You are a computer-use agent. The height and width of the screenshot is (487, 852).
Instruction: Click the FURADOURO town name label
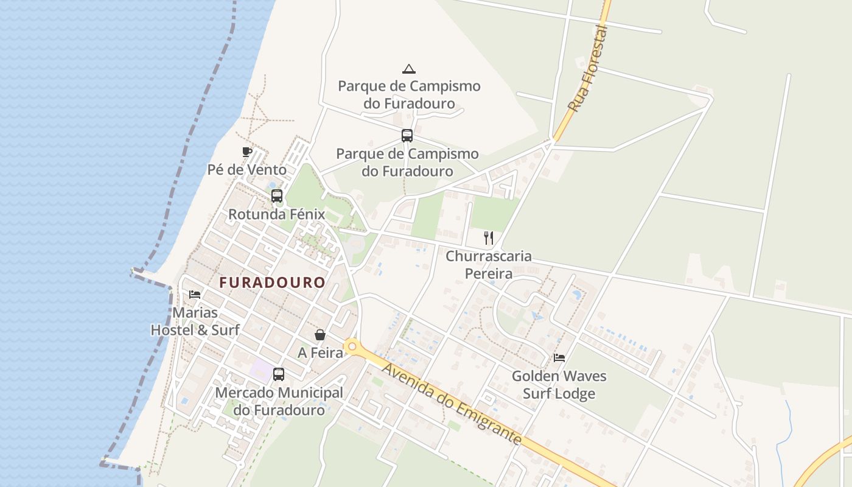[272, 283]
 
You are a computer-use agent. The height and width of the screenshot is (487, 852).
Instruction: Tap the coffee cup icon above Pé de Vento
[246, 152]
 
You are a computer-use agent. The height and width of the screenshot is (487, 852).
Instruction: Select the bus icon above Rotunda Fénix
[277, 196]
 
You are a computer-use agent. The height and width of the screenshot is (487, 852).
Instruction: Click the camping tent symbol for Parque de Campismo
[409, 69]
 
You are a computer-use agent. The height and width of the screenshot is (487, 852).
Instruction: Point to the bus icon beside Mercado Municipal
[279, 374]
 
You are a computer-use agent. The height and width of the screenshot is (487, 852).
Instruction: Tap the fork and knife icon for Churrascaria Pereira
[488, 237]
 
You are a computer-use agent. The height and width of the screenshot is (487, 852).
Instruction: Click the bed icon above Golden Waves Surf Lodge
[559, 358]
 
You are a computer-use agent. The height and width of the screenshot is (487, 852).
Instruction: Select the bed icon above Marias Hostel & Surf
[195, 295]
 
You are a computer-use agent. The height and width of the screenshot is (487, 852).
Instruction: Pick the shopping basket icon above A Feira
[320, 335]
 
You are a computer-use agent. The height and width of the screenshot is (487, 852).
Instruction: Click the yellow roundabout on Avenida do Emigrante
[352, 346]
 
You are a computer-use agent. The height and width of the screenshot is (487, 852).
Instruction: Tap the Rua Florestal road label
[588, 68]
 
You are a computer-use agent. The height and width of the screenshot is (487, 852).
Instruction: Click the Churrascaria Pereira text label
[489, 265]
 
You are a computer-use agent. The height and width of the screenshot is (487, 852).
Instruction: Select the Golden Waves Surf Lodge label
[559, 385]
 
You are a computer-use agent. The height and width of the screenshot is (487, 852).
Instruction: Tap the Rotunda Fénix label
[276, 214]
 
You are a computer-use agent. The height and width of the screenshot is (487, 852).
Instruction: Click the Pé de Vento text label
[247, 169]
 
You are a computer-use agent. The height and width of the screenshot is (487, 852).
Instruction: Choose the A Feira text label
[320, 352]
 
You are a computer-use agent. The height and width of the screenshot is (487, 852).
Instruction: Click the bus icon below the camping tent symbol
[407, 136]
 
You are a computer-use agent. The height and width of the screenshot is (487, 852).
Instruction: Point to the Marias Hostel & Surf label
[195, 321]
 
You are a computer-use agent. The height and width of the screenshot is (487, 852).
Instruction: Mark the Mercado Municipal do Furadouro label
[279, 401]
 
